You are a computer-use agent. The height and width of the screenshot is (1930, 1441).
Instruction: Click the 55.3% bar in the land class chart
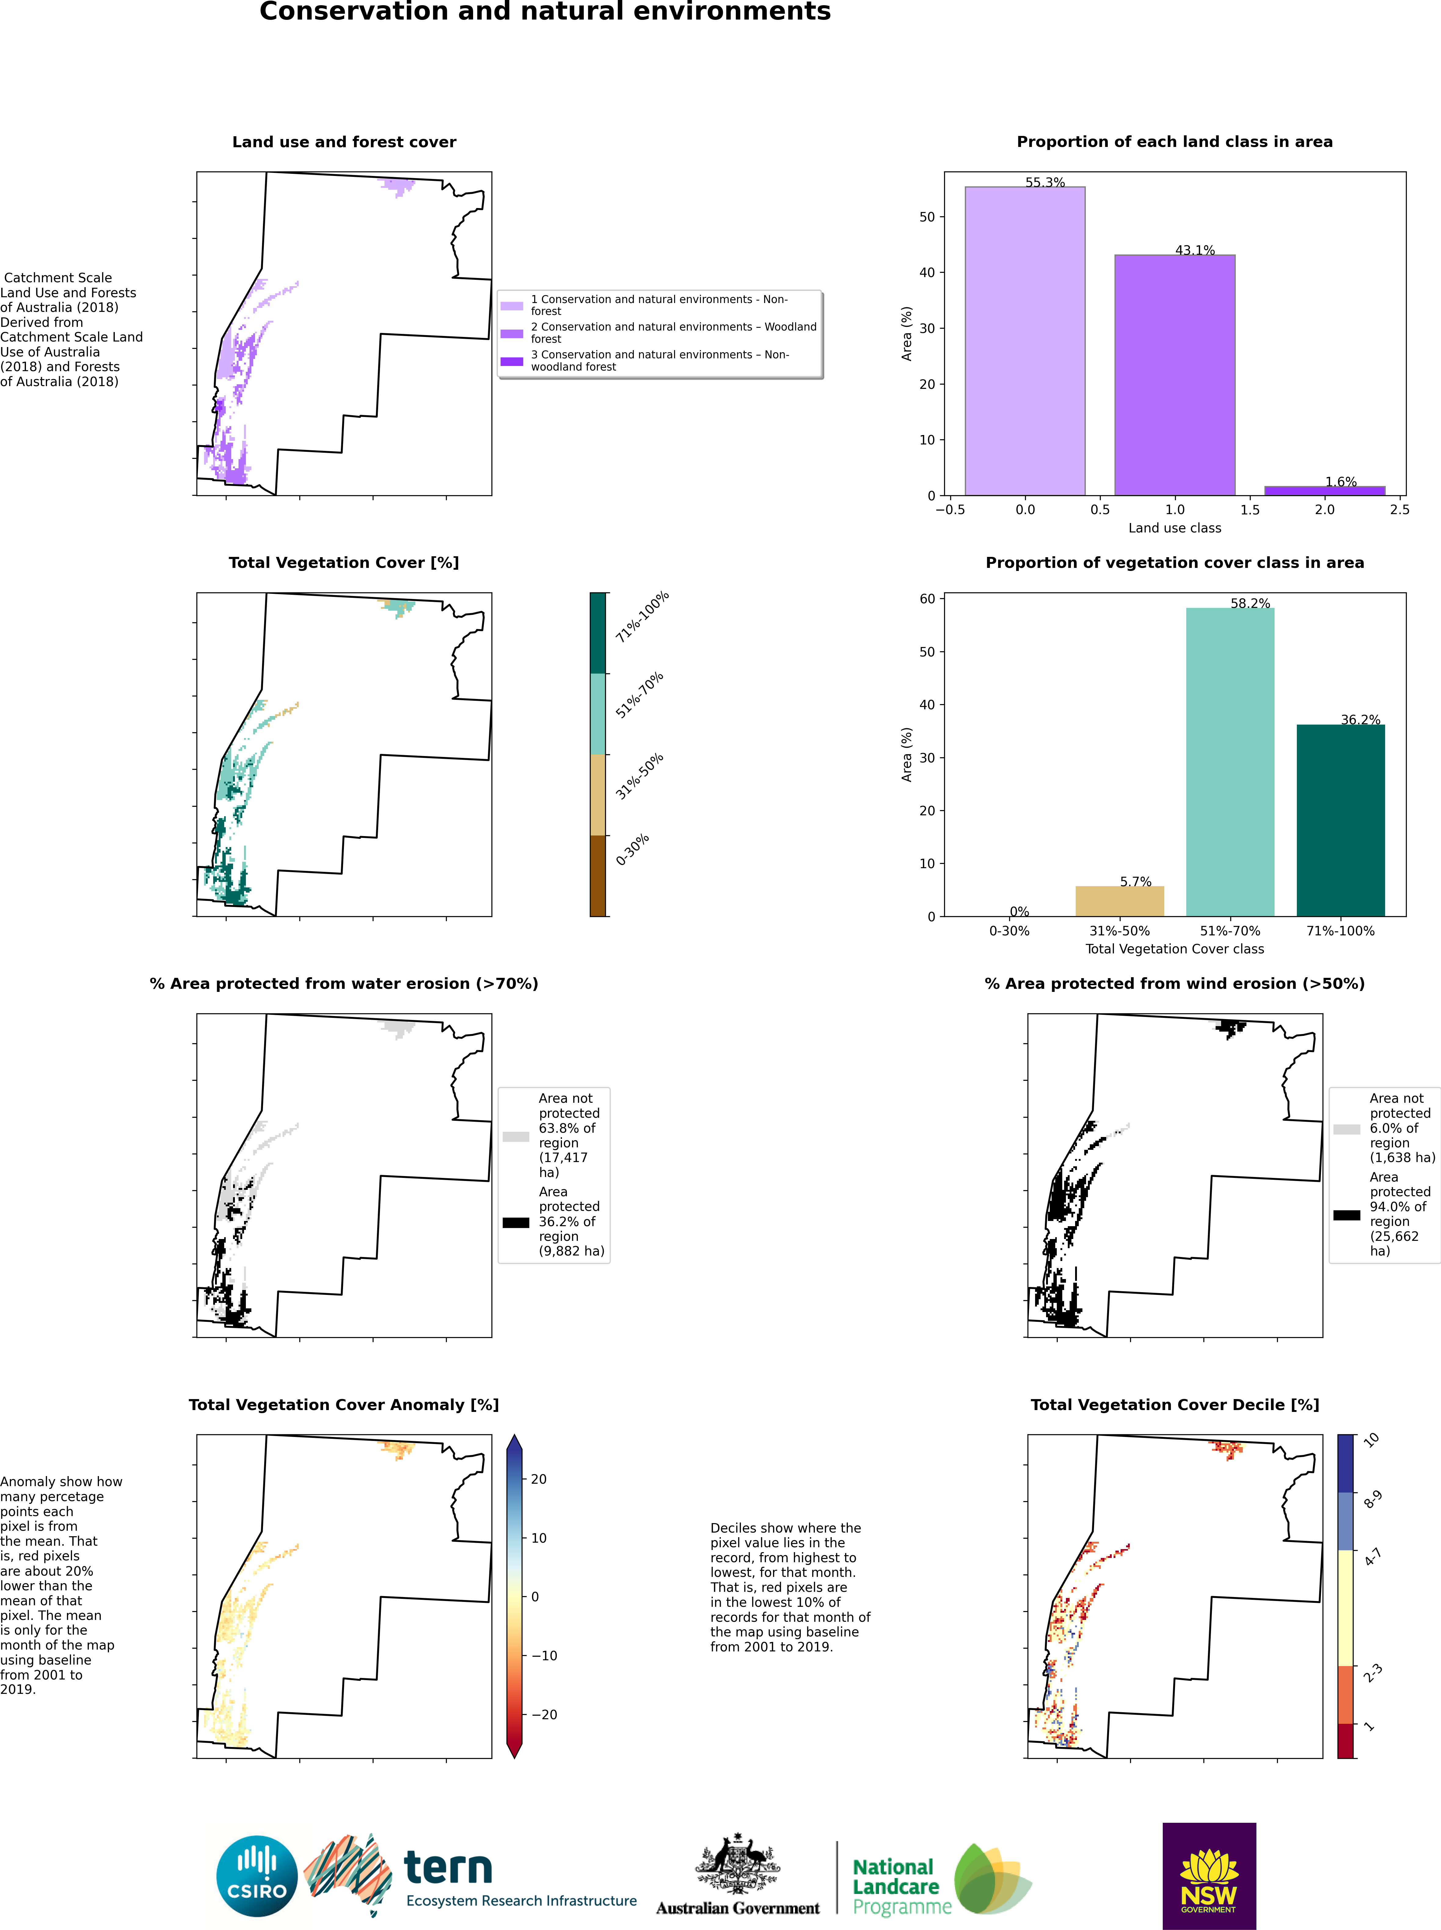(1025, 340)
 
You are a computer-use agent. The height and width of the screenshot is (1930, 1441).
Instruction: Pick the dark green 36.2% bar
(1340, 820)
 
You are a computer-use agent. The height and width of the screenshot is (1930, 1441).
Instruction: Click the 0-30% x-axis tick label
(1009, 931)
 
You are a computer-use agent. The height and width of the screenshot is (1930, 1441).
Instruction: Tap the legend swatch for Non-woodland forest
(512, 361)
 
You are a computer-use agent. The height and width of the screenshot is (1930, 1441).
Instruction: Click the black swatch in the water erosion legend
(516, 1223)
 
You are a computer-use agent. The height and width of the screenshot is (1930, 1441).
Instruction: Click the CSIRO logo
(257, 1876)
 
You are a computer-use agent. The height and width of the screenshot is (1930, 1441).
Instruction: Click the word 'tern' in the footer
(447, 1867)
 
